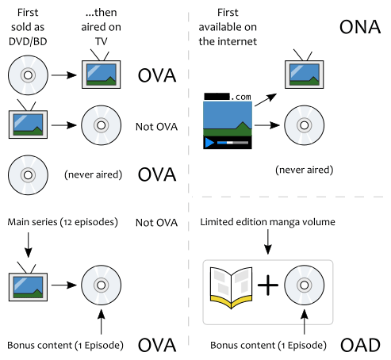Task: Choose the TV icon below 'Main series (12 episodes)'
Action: click(28, 283)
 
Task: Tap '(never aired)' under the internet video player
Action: click(304, 170)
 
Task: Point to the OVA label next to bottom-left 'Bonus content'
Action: click(157, 346)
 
